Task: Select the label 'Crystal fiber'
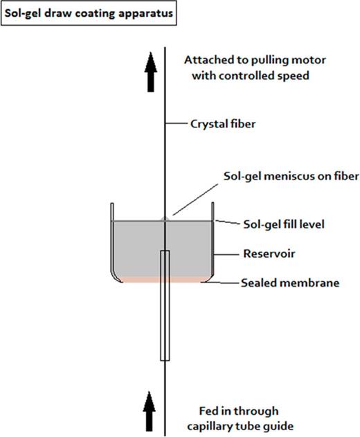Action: click(222, 125)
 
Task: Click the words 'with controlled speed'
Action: click(253, 76)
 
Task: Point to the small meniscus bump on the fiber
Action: click(164, 218)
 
